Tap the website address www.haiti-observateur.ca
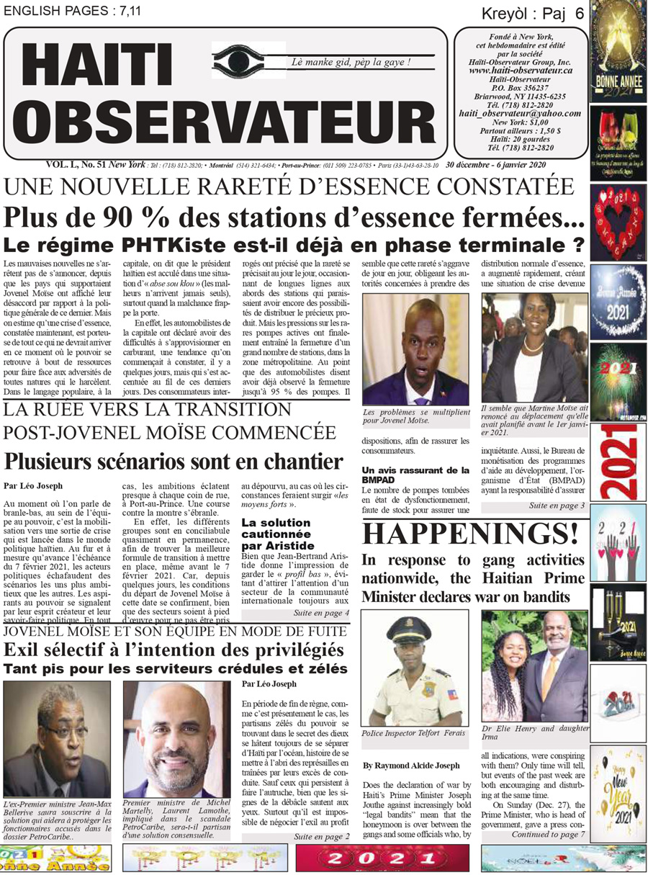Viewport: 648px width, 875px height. point(520,71)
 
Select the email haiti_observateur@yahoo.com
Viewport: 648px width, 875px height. point(520,114)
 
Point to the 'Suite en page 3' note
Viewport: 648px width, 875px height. point(557,506)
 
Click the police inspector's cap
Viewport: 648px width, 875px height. point(408,631)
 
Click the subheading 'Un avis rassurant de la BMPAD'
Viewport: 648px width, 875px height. point(415,475)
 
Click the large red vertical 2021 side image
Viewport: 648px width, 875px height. point(618,462)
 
